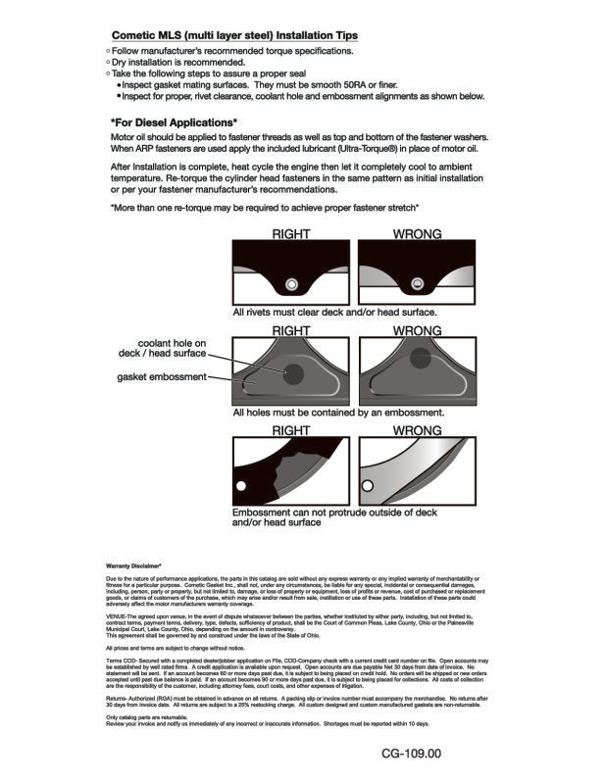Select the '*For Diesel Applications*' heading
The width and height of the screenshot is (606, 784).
point(175,122)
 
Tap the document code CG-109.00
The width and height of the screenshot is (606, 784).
point(412,754)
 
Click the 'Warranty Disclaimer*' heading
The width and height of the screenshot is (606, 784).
point(134,566)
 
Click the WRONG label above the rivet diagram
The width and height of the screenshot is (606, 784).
point(416,234)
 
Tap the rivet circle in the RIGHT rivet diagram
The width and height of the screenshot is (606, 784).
point(290,284)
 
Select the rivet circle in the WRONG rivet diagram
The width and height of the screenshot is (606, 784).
point(417,285)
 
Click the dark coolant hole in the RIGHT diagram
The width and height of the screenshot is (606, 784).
point(292,372)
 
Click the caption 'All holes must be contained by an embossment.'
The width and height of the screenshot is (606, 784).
point(338,414)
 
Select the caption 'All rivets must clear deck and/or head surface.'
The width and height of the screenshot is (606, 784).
point(334,313)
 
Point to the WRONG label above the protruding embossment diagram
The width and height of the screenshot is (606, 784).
point(416,430)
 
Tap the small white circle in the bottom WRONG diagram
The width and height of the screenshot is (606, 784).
point(367,485)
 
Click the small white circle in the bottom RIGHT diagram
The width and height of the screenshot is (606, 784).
point(239,483)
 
